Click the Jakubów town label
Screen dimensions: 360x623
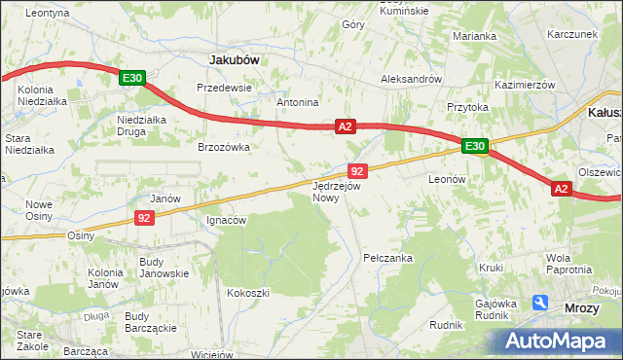(x=235, y=59)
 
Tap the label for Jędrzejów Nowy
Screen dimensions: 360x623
(x=337, y=191)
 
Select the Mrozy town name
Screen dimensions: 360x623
(x=582, y=308)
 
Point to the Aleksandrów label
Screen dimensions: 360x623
(x=412, y=79)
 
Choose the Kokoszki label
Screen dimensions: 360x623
(x=247, y=292)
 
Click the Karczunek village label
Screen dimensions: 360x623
(x=571, y=33)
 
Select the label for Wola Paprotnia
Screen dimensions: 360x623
(x=568, y=264)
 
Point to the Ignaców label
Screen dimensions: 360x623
(x=227, y=220)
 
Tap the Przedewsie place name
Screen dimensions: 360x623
(x=224, y=87)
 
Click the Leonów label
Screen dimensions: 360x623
(x=449, y=180)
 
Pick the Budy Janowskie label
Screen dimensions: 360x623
(x=164, y=268)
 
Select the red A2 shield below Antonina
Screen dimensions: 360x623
(x=346, y=126)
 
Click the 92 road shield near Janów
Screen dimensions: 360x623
(x=144, y=218)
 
